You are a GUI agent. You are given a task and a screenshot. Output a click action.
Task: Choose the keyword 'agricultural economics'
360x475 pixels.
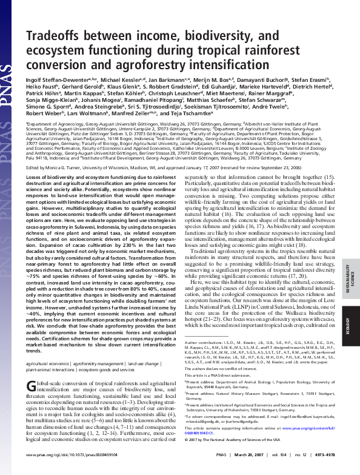coord(47,363)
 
